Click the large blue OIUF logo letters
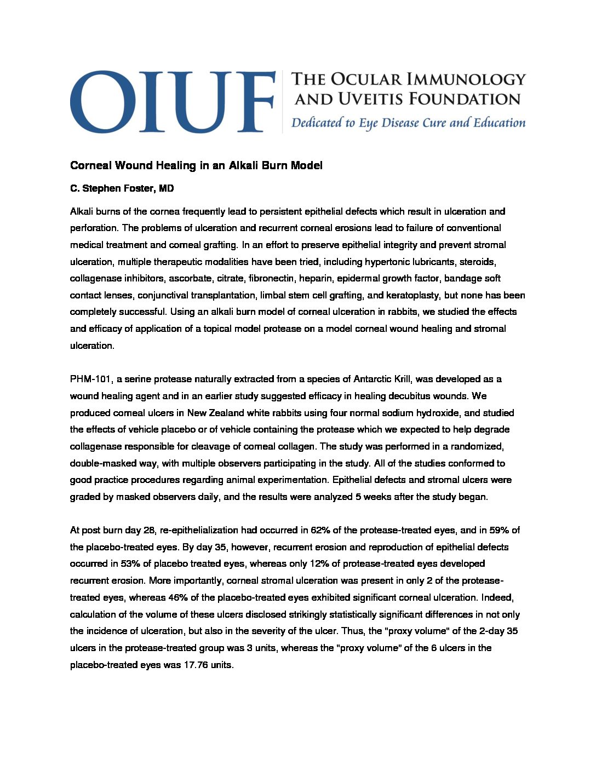pyautogui.click(x=172, y=101)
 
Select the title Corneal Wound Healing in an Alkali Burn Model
pyautogui.click(x=196, y=165)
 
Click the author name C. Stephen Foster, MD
pyautogui.click(x=122, y=189)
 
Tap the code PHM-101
pyautogui.click(x=90, y=379)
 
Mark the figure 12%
pyautogui.click(x=317, y=563)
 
